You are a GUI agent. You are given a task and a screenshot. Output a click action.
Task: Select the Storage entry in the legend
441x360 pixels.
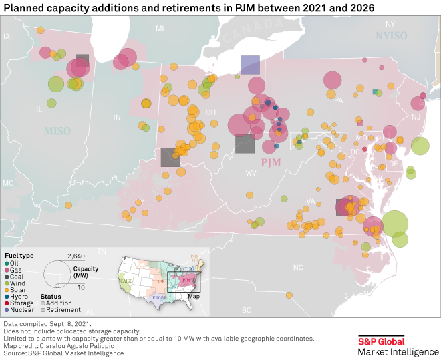pos(17,303)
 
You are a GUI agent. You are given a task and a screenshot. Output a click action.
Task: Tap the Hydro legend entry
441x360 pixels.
pos(15,297)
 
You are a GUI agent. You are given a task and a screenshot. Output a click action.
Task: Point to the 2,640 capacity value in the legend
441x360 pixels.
pos(76,256)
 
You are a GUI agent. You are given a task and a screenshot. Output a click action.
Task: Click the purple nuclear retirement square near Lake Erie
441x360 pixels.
pos(250,65)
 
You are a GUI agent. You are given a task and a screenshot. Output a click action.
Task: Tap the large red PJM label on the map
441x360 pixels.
pos(270,163)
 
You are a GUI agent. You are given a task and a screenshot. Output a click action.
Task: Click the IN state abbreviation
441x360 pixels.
pos(117,118)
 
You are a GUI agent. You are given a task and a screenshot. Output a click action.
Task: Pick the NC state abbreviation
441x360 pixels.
pos(298,266)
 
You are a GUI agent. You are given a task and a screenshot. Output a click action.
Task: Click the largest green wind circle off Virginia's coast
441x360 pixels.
pos(395,224)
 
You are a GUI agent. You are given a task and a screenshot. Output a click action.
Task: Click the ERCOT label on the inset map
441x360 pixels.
pos(158,297)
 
